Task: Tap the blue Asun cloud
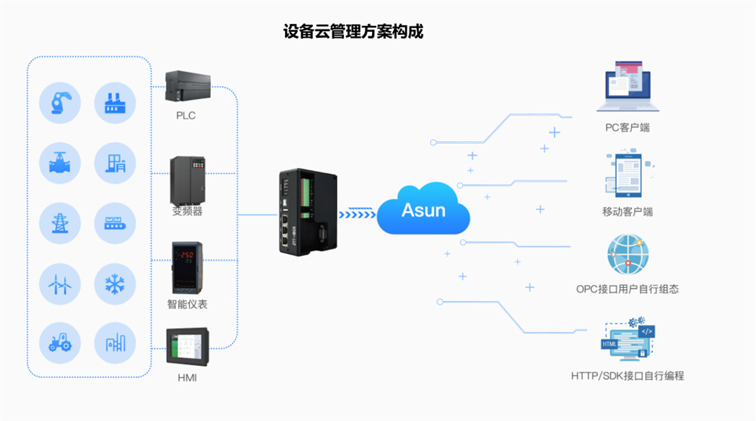tap(423, 209)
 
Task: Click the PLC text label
tap(185, 115)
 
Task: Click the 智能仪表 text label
tap(187, 305)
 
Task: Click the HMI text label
tap(186, 376)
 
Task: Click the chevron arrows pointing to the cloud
tap(356, 214)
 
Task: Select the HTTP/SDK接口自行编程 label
tap(627, 375)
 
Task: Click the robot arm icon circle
tap(60, 103)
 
